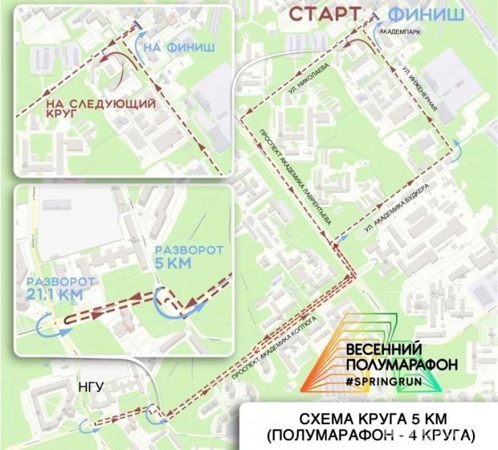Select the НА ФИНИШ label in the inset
click(178, 48)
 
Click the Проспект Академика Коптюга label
click(277, 351)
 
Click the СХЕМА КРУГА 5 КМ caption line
click(373, 418)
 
